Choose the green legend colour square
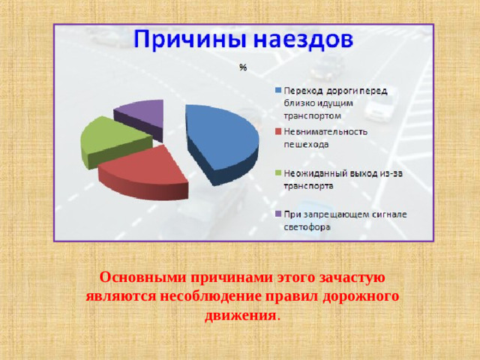click(x=277, y=173)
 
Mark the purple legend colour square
click(x=277, y=214)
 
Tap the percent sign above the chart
click(x=243, y=68)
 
